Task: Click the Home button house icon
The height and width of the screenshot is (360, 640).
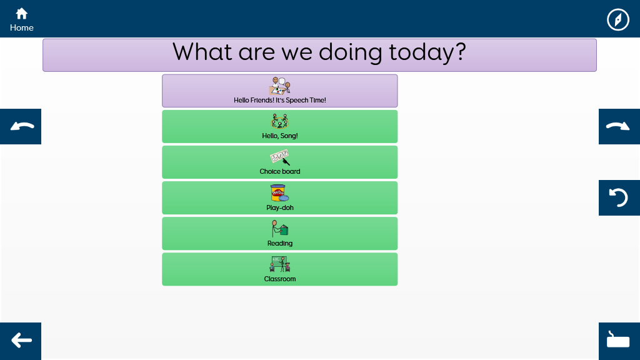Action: (22, 14)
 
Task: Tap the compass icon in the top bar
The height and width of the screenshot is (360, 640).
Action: (618, 19)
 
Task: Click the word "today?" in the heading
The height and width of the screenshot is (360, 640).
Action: (427, 52)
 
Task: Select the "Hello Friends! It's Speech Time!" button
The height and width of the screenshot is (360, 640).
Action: (279, 91)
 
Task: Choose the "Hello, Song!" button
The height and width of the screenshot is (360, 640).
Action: (279, 126)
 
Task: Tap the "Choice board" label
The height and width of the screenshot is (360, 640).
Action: (280, 171)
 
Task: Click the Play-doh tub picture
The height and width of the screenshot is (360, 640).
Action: (279, 192)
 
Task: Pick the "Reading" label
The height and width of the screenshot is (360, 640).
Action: (280, 243)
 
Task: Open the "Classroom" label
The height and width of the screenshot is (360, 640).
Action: (280, 279)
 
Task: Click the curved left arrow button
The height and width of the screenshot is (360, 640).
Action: (21, 126)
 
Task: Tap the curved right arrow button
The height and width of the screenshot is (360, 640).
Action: (619, 126)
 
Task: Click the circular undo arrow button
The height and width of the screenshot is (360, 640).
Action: (619, 197)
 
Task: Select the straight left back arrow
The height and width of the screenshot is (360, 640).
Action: (22, 340)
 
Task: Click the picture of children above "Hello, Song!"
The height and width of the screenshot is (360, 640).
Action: (280, 121)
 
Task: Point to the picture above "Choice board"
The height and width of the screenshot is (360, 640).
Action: (280, 157)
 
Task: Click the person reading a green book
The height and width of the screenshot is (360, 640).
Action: (280, 229)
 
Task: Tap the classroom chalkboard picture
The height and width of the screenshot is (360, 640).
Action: (280, 264)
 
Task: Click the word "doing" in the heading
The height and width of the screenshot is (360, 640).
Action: (350, 52)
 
